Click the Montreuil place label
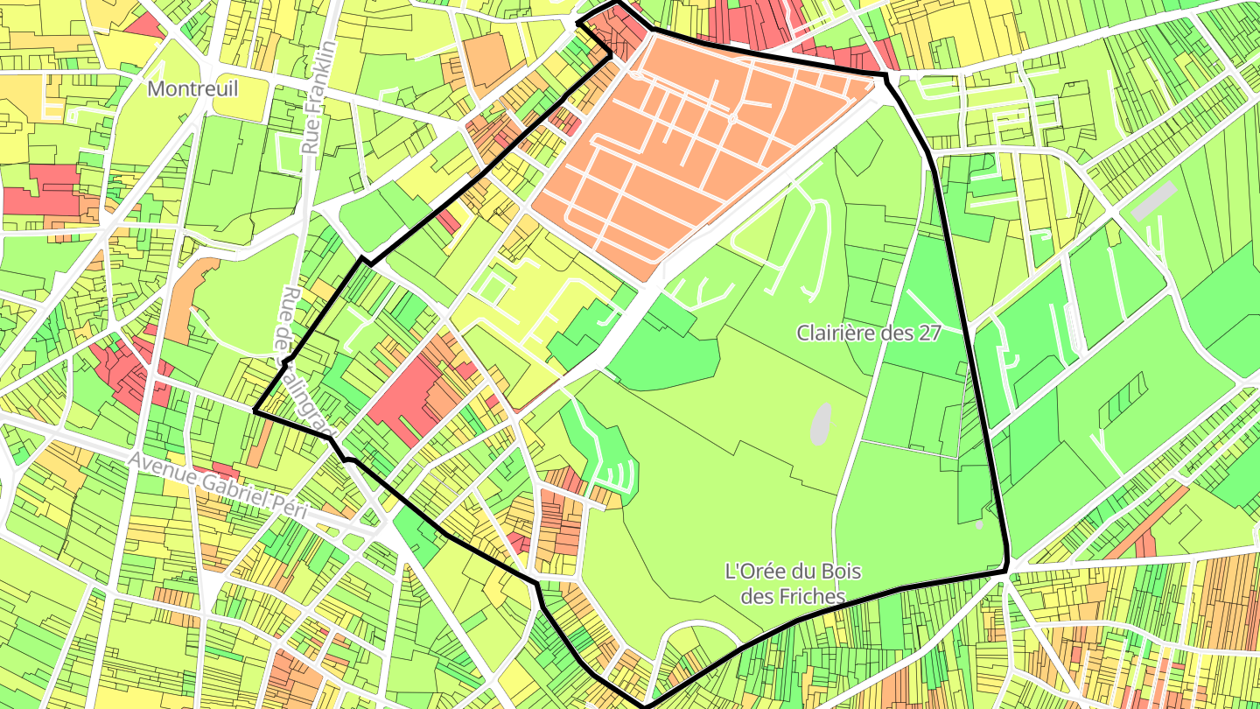tap(192, 88)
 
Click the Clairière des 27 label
tap(868, 333)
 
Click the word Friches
tap(811, 596)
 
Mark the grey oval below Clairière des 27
tap(820, 424)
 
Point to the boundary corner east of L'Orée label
tap(1007, 570)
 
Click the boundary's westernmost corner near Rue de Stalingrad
tap(255, 410)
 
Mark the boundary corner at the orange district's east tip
tap(885, 77)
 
